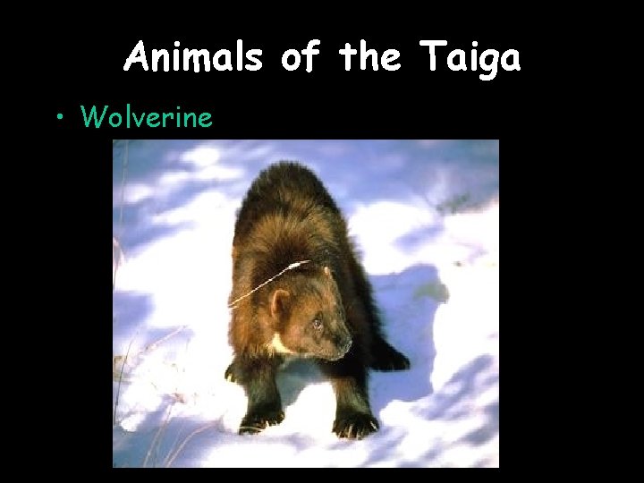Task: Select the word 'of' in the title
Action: coord(300,58)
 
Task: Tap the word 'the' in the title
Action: coord(370,58)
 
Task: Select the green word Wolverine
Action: coord(147,116)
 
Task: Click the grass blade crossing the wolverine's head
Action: coord(268,282)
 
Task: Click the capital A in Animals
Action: coord(138,58)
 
